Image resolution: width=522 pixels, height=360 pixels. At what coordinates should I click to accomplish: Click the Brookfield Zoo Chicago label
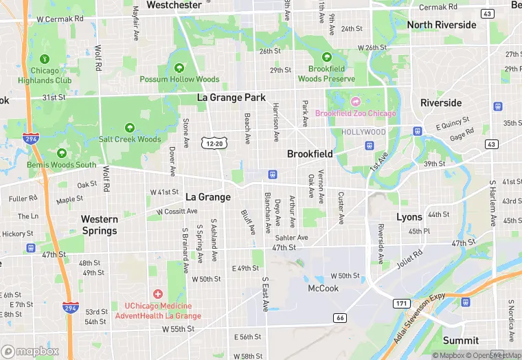(355, 113)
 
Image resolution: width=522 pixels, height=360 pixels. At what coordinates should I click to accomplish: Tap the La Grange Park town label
(231, 98)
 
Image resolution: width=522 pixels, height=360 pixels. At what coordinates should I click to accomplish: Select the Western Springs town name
(100, 225)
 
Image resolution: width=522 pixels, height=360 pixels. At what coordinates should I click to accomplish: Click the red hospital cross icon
(158, 294)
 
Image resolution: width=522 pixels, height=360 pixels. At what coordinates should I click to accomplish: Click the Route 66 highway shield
(339, 317)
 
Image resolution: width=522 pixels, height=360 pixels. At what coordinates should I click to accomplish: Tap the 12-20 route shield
(213, 143)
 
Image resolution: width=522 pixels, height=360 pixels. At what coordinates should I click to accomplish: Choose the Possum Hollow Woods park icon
(179, 68)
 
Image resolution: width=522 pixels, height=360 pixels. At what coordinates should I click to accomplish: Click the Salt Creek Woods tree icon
(129, 128)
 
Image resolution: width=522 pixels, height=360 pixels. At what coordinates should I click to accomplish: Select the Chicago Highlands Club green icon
(45, 60)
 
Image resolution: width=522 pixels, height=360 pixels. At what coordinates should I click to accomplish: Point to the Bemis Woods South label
(62, 165)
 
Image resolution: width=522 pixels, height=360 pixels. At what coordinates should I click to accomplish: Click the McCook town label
(323, 288)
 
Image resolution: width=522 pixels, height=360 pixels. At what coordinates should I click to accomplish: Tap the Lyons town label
(409, 216)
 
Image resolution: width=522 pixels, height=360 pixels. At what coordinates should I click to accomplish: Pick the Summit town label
(460, 340)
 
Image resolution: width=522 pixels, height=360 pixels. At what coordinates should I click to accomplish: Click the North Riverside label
(441, 25)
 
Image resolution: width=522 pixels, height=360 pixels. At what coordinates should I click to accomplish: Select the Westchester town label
(174, 5)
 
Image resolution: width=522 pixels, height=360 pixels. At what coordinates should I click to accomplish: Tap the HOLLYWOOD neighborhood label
(364, 131)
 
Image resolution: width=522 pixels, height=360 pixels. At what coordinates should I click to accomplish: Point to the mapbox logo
(30, 351)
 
